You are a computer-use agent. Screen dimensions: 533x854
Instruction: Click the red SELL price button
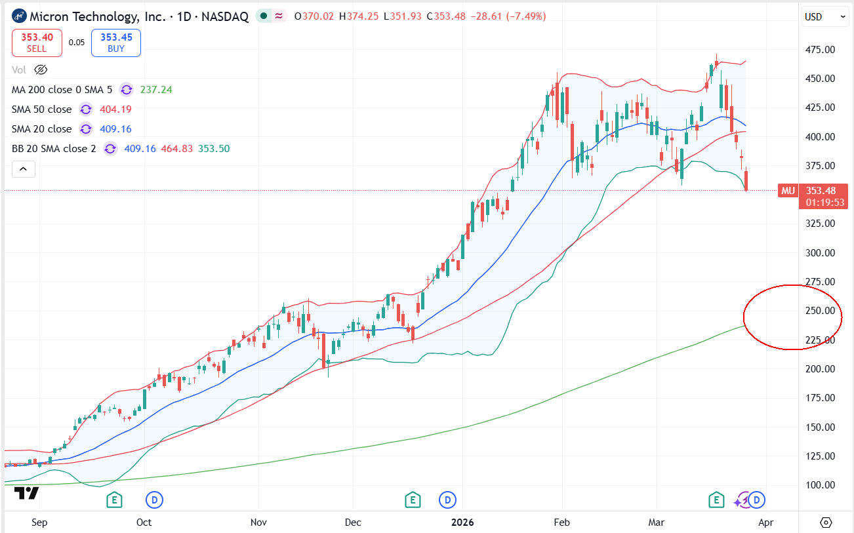tap(37, 43)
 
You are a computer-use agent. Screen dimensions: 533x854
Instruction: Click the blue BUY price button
tap(116, 43)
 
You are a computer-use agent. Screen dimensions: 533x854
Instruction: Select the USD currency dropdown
tap(825, 17)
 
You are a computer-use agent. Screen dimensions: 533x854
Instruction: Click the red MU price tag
tap(787, 191)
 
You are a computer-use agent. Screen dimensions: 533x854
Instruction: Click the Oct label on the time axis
tap(144, 523)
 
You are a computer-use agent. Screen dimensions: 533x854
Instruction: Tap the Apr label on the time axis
tap(765, 523)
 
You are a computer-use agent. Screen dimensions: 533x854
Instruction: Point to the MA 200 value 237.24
tap(156, 90)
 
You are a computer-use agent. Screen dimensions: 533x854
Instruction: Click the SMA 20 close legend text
tap(41, 129)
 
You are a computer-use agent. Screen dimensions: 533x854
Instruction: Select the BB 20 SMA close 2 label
tap(54, 149)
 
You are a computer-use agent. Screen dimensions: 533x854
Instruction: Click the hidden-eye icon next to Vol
tap(41, 69)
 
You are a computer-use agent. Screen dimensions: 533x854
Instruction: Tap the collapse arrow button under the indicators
tap(23, 169)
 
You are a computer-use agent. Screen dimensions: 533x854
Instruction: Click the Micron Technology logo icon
tap(19, 16)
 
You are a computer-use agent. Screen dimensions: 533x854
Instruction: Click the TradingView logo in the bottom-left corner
tap(26, 494)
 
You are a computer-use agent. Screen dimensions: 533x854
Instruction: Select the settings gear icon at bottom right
tap(826, 523)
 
